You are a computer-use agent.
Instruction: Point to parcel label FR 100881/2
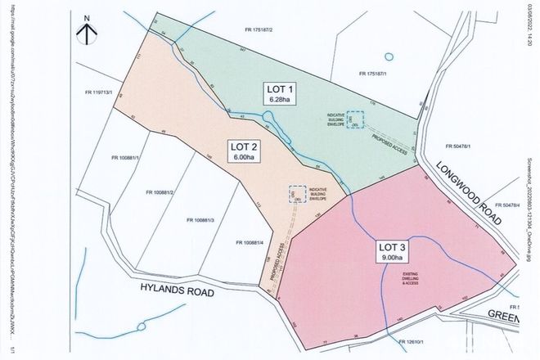pos(162,193)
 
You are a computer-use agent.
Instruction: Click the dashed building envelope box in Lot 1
pos(352,119)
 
